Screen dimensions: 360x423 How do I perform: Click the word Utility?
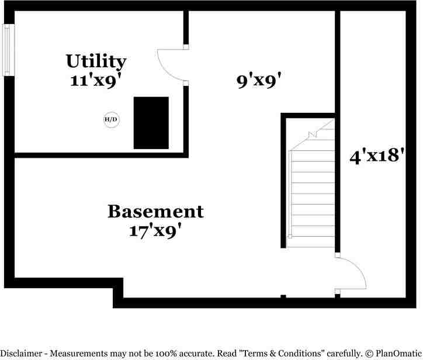[96, 61]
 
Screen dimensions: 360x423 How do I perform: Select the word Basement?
[155, 211]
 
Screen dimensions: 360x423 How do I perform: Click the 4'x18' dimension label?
[377, 156]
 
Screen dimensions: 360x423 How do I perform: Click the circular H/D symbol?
[111, 120]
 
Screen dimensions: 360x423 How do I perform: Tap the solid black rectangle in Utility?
[151, 123]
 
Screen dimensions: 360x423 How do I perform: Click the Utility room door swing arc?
[169, 64]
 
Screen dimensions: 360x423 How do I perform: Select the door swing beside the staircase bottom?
[352, 272]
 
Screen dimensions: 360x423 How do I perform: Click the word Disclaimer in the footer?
[25, 354]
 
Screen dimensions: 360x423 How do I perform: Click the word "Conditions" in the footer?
[290, 354]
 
